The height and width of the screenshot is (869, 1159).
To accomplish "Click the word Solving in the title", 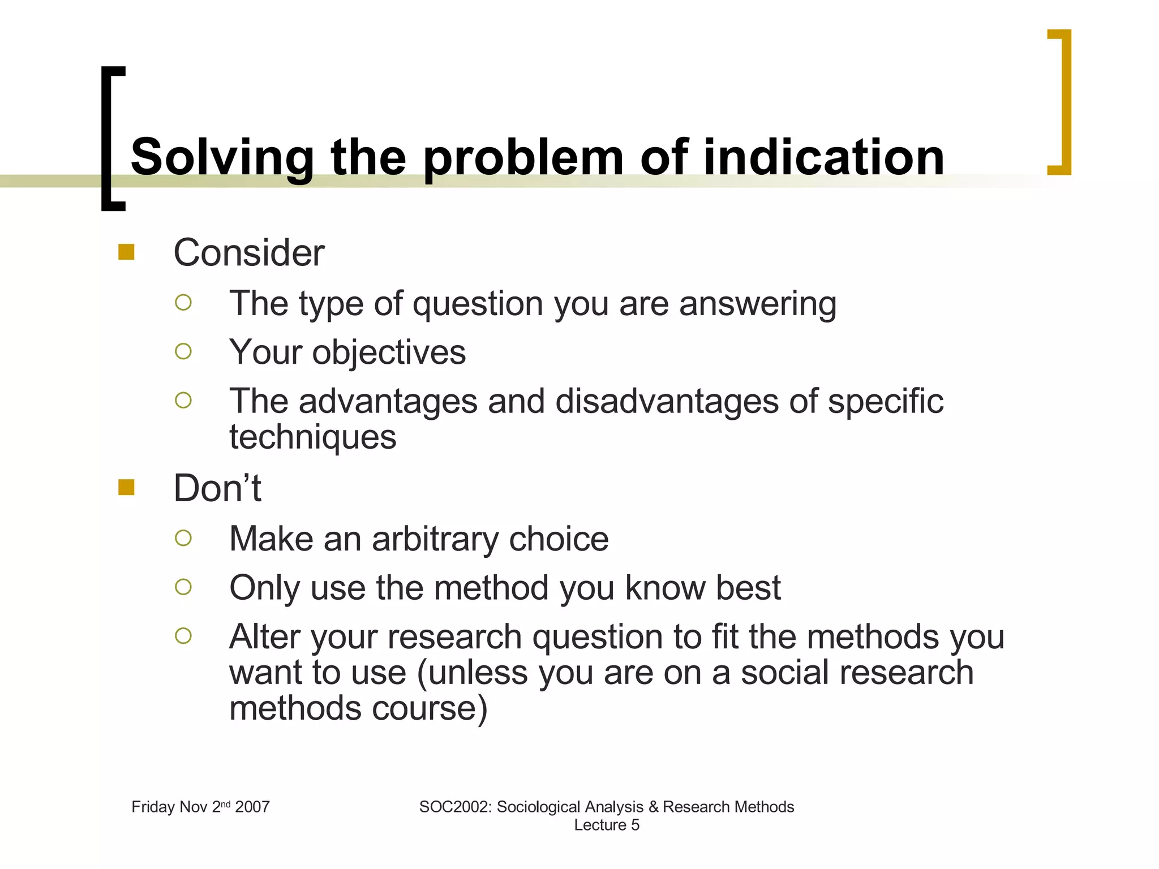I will click(x=222, y=158).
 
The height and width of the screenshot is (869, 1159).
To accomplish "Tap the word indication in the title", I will click(x=823, y=157).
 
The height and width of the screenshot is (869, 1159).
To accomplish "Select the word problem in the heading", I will click(x=523, y=158).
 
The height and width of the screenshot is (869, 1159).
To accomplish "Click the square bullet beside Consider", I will click(x=126, y=252).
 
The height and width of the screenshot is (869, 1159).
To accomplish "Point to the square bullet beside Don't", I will click(x=126, y=487).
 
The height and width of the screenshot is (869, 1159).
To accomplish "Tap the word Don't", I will click(x=217, y=488).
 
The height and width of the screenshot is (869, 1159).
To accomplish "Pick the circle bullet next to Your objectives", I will click(x=183, y=352).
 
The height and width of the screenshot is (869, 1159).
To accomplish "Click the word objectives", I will click(x=389, y=352).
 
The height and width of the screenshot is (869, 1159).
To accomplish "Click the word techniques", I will click(x=312, y=437).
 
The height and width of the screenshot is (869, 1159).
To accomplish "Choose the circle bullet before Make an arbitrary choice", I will click(x=183, y=537).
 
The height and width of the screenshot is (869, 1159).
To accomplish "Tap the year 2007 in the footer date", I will click(x=252, y=807).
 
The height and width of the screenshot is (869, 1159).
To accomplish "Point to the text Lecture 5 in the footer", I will click(x=607, y=825).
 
